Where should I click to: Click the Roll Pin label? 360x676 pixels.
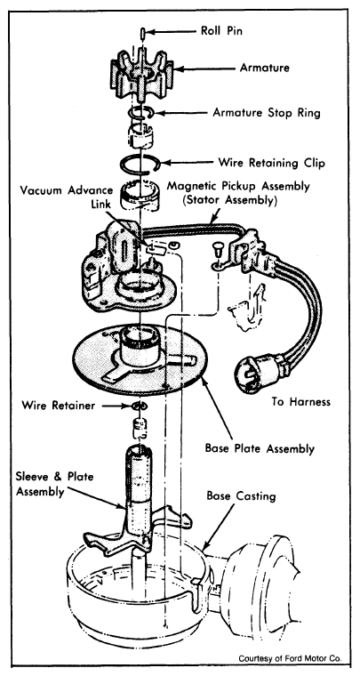(x=221, y=31)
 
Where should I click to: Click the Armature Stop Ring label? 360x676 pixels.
(x=267, y=113)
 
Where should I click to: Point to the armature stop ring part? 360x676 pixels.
(x=140, y=113)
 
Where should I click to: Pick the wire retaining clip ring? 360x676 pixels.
(x=140, y=164)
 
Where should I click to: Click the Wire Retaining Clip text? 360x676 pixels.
(x=271, y=164)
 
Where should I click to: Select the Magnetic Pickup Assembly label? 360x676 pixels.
(x=238, y=193)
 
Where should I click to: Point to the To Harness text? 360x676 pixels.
(x=301, y=402)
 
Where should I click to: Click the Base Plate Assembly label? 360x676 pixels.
(x=260, y=448)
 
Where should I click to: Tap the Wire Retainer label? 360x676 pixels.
(x=58, y=406)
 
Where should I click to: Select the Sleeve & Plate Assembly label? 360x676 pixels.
(x=55, y=484)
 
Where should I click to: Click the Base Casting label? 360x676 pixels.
(x=241, y=495)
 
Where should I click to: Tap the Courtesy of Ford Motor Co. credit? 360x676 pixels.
(x=291, y=658)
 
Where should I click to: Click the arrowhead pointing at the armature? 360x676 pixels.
(x=180, y=68)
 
